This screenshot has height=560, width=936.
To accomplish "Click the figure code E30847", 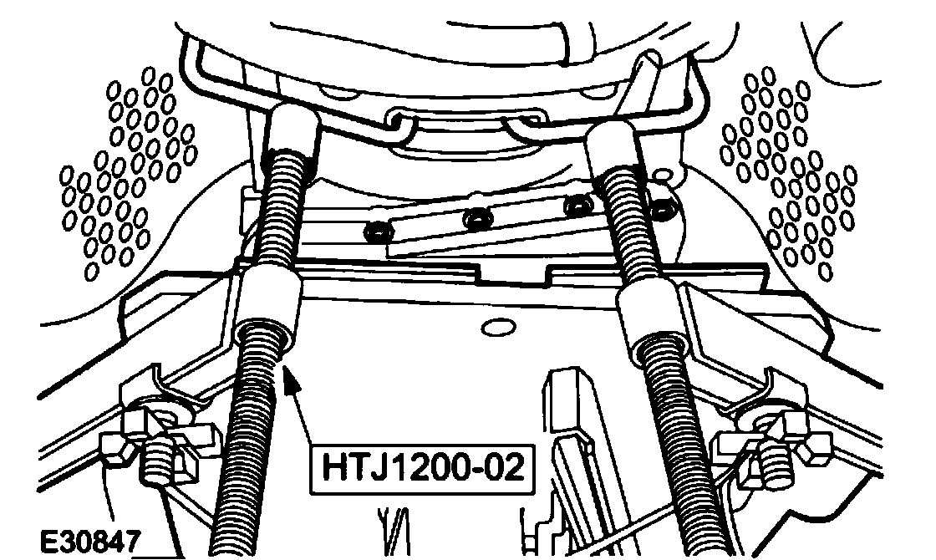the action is pos(90,542).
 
